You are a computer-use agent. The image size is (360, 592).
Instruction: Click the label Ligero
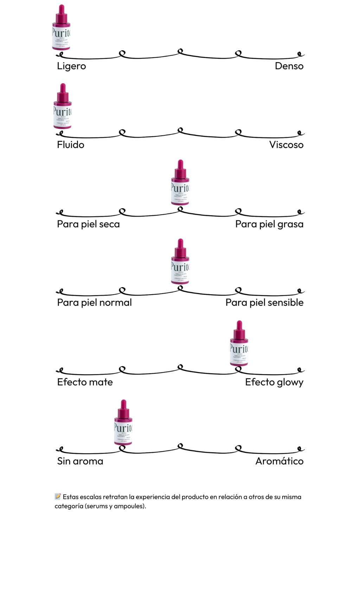71,66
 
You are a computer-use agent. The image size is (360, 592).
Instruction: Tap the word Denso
289,66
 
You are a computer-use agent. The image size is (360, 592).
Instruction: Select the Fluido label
71,145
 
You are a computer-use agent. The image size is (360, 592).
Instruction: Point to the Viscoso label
286,145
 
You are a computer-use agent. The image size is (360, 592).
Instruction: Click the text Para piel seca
88,224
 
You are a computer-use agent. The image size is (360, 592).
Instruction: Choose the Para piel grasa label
269,224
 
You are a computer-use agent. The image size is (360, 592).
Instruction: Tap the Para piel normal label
94,302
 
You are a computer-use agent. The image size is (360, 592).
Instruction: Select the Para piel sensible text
264,302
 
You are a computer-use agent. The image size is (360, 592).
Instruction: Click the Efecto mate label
85,382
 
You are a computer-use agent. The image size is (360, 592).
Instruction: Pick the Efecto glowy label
274,382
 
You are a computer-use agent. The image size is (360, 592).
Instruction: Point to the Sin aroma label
80,461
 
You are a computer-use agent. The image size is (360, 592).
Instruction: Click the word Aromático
279,461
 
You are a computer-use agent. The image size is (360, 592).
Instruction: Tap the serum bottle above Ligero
61,28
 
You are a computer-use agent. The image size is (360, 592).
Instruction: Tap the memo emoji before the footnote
58,496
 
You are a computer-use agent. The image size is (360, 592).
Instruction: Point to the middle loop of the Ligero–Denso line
180,52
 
